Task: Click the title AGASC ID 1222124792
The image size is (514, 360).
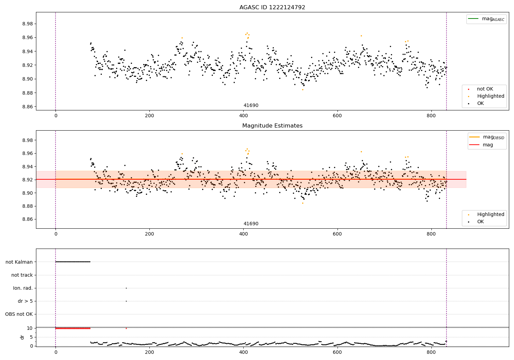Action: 272,7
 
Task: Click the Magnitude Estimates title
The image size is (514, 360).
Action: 272,125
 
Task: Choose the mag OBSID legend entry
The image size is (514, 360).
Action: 487,137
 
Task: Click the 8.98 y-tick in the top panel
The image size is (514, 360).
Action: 27,24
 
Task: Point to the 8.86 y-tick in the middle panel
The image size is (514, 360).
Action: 27,219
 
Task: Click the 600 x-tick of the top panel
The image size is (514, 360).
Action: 337,116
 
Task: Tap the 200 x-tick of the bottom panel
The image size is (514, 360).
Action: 149,352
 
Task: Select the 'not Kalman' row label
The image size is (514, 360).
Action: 19,262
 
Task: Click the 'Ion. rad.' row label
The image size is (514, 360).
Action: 23,288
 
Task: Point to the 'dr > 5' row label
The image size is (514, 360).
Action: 25,301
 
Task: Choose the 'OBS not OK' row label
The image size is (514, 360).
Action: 19,314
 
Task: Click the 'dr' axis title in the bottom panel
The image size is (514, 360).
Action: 22,337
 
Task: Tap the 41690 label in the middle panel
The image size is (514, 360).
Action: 251,224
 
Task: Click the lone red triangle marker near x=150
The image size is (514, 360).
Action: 126,328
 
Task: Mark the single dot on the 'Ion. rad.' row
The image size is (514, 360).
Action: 126,288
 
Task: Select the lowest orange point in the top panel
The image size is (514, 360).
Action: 303,89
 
